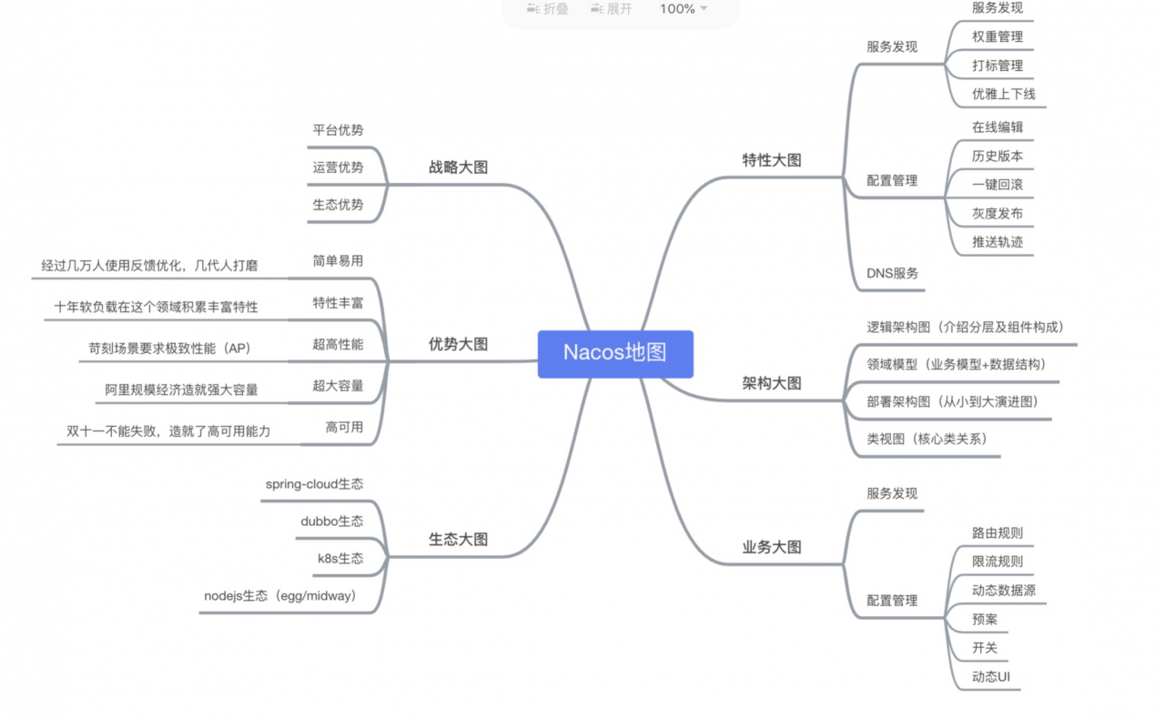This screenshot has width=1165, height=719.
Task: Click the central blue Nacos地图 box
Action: [x=615, y=354]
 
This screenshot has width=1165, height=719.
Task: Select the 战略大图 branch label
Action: [x=458, y=167]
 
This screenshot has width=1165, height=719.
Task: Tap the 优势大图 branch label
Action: [x=458, y=344]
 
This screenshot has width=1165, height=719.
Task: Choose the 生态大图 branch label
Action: [x=458, y=540]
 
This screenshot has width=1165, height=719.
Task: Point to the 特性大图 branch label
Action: [x=772, y=160]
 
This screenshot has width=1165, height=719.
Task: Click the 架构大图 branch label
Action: [x=772, y=383]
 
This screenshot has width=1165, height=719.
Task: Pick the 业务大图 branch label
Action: [x=772, y=547]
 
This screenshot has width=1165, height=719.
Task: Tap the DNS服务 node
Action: [x=893, y=273]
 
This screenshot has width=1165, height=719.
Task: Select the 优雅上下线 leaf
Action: [x=1004, y=94]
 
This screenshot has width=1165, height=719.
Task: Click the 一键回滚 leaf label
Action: [x=998, y=185]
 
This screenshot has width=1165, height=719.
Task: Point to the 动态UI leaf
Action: [x=991, y=677]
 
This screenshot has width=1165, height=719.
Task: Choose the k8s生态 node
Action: [x=340, y=559]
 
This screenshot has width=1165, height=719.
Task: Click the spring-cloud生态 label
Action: [x=315, y=484]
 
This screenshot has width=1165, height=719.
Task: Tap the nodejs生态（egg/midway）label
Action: [x=279, y=596]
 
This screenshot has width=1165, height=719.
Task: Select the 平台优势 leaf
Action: [x=338, y=130]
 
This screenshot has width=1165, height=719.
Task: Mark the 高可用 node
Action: [x=344, y=428]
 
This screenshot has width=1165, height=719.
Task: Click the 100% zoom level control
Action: [x=683, y=9]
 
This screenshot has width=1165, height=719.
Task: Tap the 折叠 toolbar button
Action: [x=548, y=9]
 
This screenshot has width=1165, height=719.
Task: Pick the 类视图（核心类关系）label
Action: [x=927, y=439]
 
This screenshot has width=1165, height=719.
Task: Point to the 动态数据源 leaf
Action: [x=1004, y=591]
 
